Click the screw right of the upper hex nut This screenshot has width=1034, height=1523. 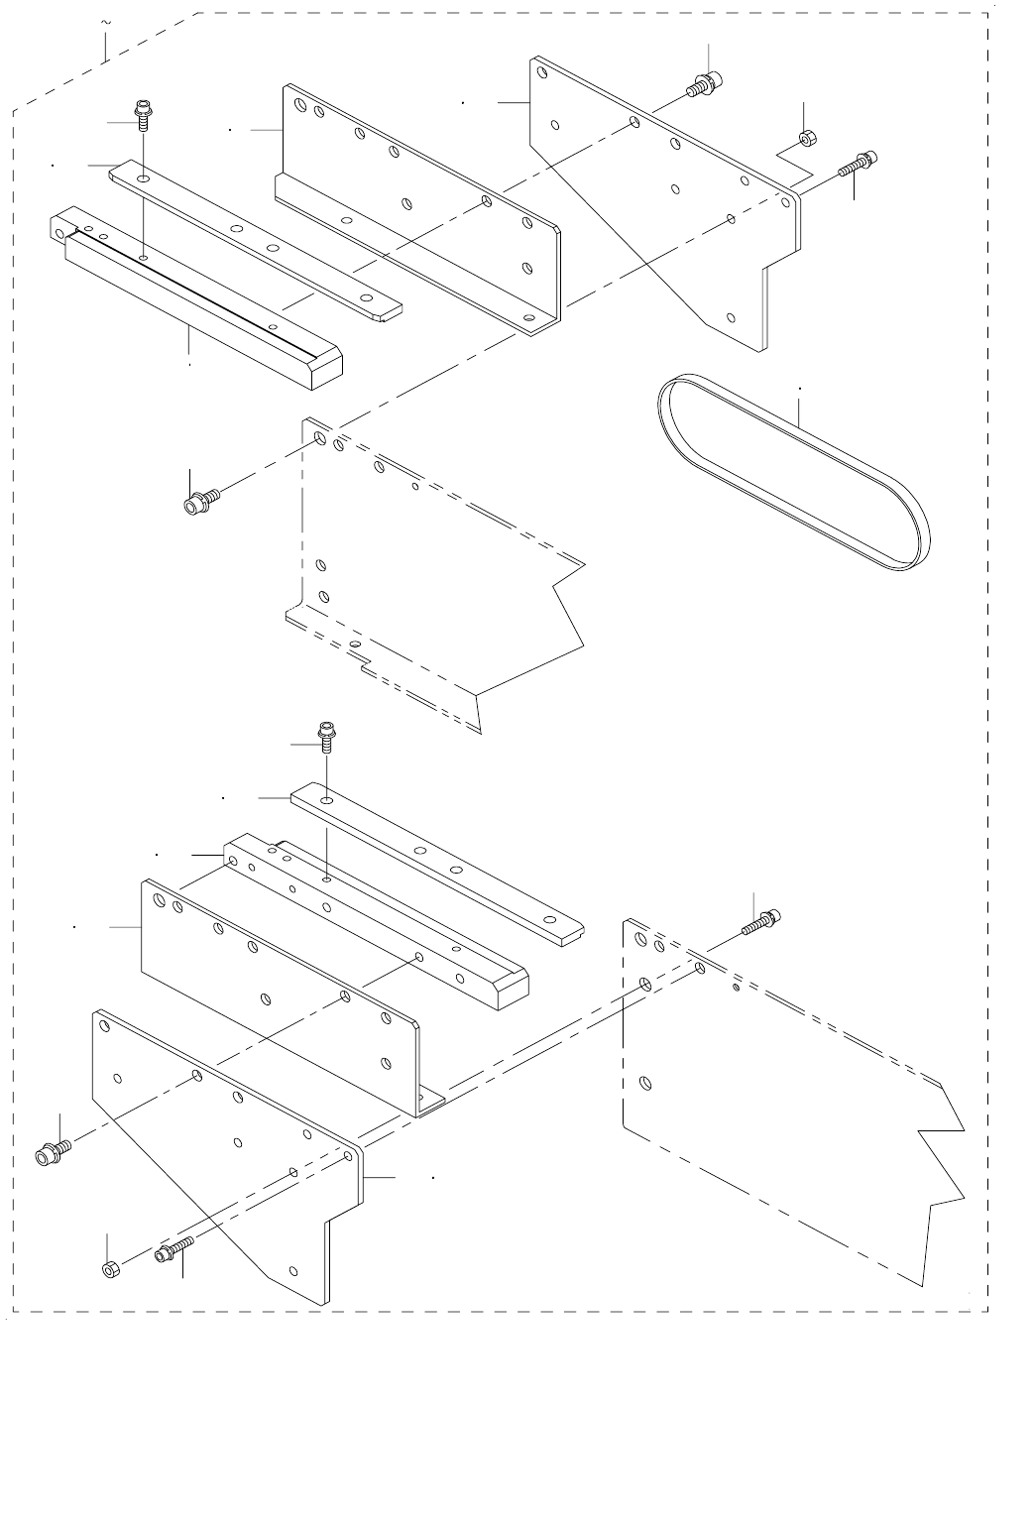857,164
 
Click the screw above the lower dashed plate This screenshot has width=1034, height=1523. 758,923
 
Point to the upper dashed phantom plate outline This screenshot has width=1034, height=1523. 436,575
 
